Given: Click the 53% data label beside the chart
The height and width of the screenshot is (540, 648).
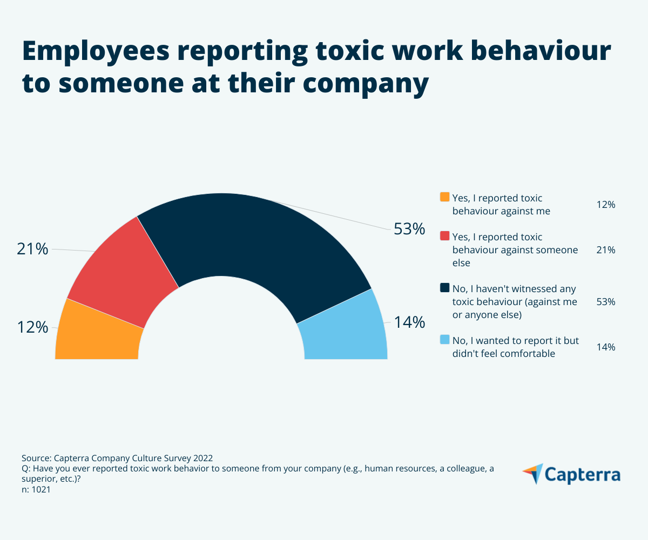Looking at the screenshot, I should pyautogui.click(x=409, y=229).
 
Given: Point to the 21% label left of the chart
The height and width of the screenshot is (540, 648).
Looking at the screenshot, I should pyautogui.click(x=32, y=249).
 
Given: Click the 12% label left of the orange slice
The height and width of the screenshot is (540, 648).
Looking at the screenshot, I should pyautogui.click(x=32, y=327).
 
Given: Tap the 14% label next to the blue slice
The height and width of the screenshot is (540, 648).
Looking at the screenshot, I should pyautogui.click(x=409, y=323).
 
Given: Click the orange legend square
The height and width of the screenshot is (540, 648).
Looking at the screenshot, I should pyautogui.click(x=445, y=197).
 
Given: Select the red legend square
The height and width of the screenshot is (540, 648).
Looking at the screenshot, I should pyautogui.click(x=445, y=236).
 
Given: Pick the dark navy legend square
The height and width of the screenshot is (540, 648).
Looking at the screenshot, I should pyautogui.click(x=445, y=288).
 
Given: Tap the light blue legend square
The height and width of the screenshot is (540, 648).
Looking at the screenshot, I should pyautogui.click(x=445, y=340).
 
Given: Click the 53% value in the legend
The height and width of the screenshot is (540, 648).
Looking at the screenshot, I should pyautogui.click(x=606, y=302).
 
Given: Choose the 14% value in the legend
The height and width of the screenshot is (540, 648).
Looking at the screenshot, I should pyautogui.click(x=606, y=347).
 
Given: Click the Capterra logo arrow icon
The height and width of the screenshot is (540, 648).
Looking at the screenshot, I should pyautogui.click(x=532, y=473).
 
